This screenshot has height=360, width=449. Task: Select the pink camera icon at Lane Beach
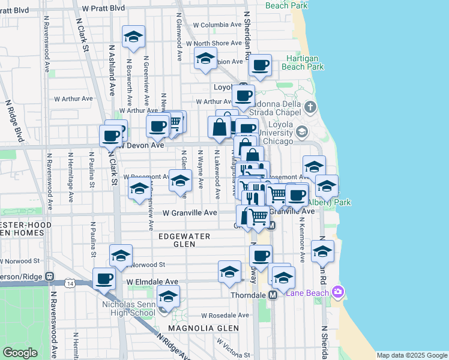point(339,292)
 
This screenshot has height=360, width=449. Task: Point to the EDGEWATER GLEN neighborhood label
point(184,240)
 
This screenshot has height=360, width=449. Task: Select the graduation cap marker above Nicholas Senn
point(168,296)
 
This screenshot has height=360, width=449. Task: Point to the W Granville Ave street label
point(190,213)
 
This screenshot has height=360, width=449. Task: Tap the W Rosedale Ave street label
point(224,315)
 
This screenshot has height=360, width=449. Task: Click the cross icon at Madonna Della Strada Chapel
point(310,108)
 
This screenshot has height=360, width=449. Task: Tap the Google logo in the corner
point(20,353)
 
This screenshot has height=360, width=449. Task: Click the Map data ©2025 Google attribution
point(411,355)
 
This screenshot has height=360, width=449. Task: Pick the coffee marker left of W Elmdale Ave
point(104,278)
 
